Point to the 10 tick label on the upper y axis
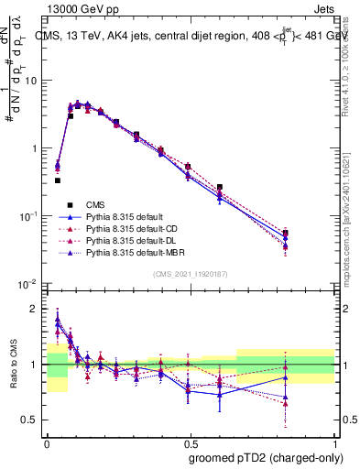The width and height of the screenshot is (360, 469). [x=30, y=81]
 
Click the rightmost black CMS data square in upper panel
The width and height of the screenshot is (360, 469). [x=311, y=234]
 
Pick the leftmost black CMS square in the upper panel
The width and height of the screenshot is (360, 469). [x=58, y=180]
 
